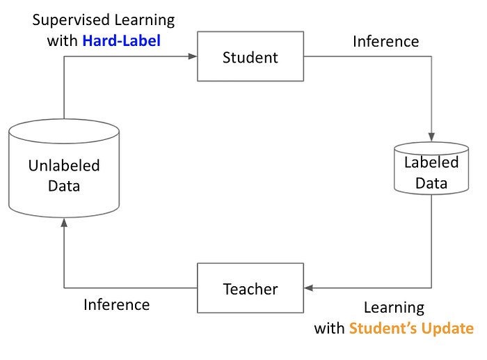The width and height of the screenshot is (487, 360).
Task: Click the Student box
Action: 250,56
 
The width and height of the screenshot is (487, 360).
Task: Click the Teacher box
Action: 250,288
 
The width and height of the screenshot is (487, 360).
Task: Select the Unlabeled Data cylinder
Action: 64,169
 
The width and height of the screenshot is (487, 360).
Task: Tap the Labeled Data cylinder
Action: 431,169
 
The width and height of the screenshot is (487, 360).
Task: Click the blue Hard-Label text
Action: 122,40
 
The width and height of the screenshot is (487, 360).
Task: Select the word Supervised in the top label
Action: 71,20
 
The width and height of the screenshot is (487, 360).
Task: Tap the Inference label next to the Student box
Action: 385,41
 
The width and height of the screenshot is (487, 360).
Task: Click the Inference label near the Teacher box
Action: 116,304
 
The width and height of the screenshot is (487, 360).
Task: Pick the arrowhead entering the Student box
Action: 193,56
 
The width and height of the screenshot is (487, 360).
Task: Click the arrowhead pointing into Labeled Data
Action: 431,137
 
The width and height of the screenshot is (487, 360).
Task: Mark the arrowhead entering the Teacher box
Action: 308,288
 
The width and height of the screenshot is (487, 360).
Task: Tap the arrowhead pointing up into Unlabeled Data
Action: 64,223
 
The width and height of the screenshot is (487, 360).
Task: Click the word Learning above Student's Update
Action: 394,308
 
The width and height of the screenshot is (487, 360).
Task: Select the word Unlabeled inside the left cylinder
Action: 64,166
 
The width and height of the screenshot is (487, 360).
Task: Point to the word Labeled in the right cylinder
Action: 431,162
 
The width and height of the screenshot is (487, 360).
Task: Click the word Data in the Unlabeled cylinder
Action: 64,186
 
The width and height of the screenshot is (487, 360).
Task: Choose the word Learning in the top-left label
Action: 145,20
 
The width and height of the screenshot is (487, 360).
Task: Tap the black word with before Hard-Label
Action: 62,40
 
